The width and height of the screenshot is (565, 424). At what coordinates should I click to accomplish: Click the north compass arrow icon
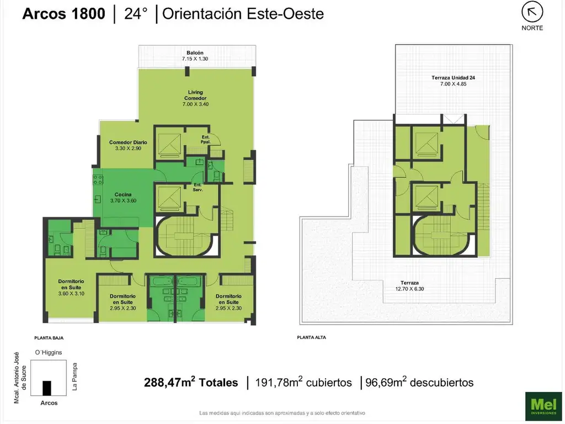532,12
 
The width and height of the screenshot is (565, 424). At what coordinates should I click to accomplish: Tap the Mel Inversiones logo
543,406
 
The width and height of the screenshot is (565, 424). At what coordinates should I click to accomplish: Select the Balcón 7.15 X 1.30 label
195,56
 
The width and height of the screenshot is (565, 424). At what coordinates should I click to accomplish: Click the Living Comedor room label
195,98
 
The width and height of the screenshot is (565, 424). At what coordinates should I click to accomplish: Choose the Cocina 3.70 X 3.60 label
123,198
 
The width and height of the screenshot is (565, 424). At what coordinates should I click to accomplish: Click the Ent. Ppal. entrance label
206,140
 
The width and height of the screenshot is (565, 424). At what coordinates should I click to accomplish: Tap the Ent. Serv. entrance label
198,187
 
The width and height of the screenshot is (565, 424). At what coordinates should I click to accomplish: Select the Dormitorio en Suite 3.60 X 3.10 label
71,287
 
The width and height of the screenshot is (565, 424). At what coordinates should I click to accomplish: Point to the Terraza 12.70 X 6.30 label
410,286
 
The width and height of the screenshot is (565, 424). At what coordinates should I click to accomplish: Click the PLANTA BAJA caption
49,338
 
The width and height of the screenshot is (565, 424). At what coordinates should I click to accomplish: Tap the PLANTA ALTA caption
311,337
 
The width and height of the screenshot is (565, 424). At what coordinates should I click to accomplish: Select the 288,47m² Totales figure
191,382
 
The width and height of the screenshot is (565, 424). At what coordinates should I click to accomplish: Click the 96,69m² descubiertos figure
419,382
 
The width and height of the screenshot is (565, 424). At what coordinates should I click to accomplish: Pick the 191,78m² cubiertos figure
303,382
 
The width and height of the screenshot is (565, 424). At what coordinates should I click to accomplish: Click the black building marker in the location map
47,388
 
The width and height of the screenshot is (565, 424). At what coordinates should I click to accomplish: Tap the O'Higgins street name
49,353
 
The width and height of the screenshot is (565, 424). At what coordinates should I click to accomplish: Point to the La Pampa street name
74,377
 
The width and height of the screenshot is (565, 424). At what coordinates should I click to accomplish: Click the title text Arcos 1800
64,14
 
